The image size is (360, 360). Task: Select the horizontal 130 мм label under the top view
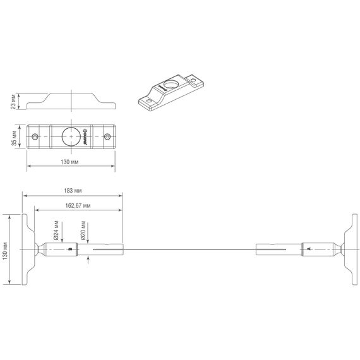69,162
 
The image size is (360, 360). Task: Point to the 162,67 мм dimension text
78,205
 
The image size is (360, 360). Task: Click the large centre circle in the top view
70,136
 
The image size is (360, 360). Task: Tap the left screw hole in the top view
35,136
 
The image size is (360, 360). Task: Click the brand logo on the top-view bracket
83,136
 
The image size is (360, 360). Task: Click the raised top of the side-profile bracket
71,94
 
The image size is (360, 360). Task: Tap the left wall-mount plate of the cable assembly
26,249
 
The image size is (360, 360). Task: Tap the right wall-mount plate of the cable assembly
347,249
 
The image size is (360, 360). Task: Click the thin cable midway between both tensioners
189,249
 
